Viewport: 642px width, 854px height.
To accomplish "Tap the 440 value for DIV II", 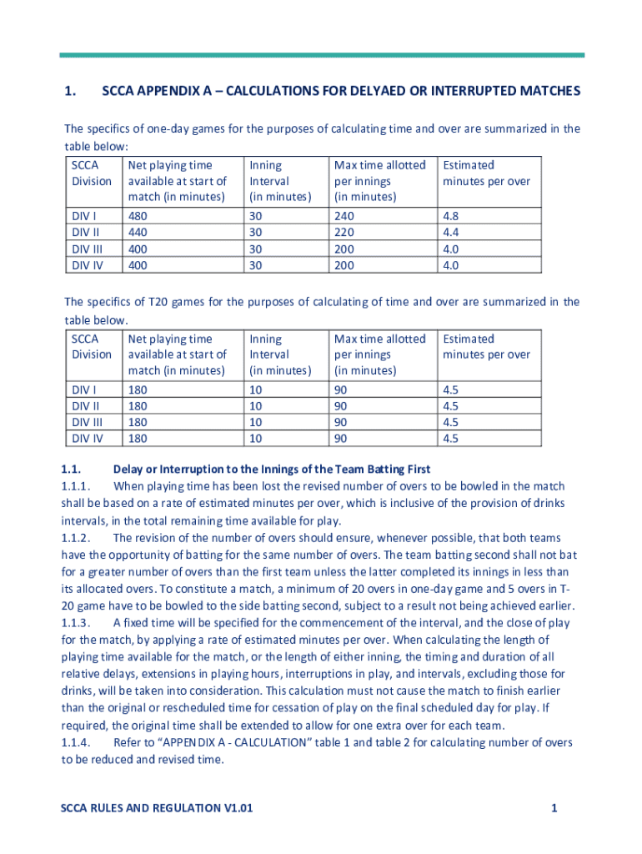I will pos(138,231).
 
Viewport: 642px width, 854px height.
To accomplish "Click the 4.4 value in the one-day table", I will pos(451,231).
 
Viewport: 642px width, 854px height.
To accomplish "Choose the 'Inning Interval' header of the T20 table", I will pos(279,354).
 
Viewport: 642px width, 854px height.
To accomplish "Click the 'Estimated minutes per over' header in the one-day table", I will pos(486,173).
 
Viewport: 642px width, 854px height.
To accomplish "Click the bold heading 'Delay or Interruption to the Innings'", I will pos(272,470).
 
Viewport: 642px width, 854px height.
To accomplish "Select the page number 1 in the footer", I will pos(554,808).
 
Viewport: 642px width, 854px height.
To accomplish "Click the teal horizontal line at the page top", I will pos(322,56).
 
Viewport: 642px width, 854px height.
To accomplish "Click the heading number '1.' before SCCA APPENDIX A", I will pos(71,91).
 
